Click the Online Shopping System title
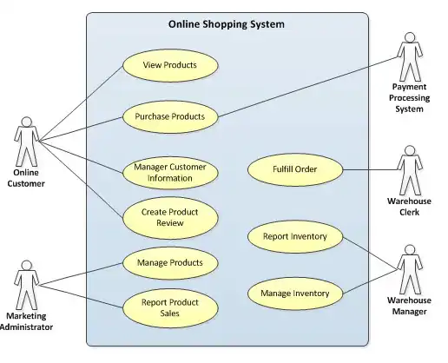226,24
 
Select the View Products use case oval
170,65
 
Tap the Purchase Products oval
170,116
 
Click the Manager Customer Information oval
170,172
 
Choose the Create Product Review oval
170,218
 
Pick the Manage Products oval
170,262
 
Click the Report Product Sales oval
170,307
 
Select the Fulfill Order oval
294,169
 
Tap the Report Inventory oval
294,235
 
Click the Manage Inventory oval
294,294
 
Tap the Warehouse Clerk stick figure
409,172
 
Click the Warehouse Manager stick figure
409,268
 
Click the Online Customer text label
26,178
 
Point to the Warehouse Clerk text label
409,208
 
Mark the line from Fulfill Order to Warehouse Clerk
366,169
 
